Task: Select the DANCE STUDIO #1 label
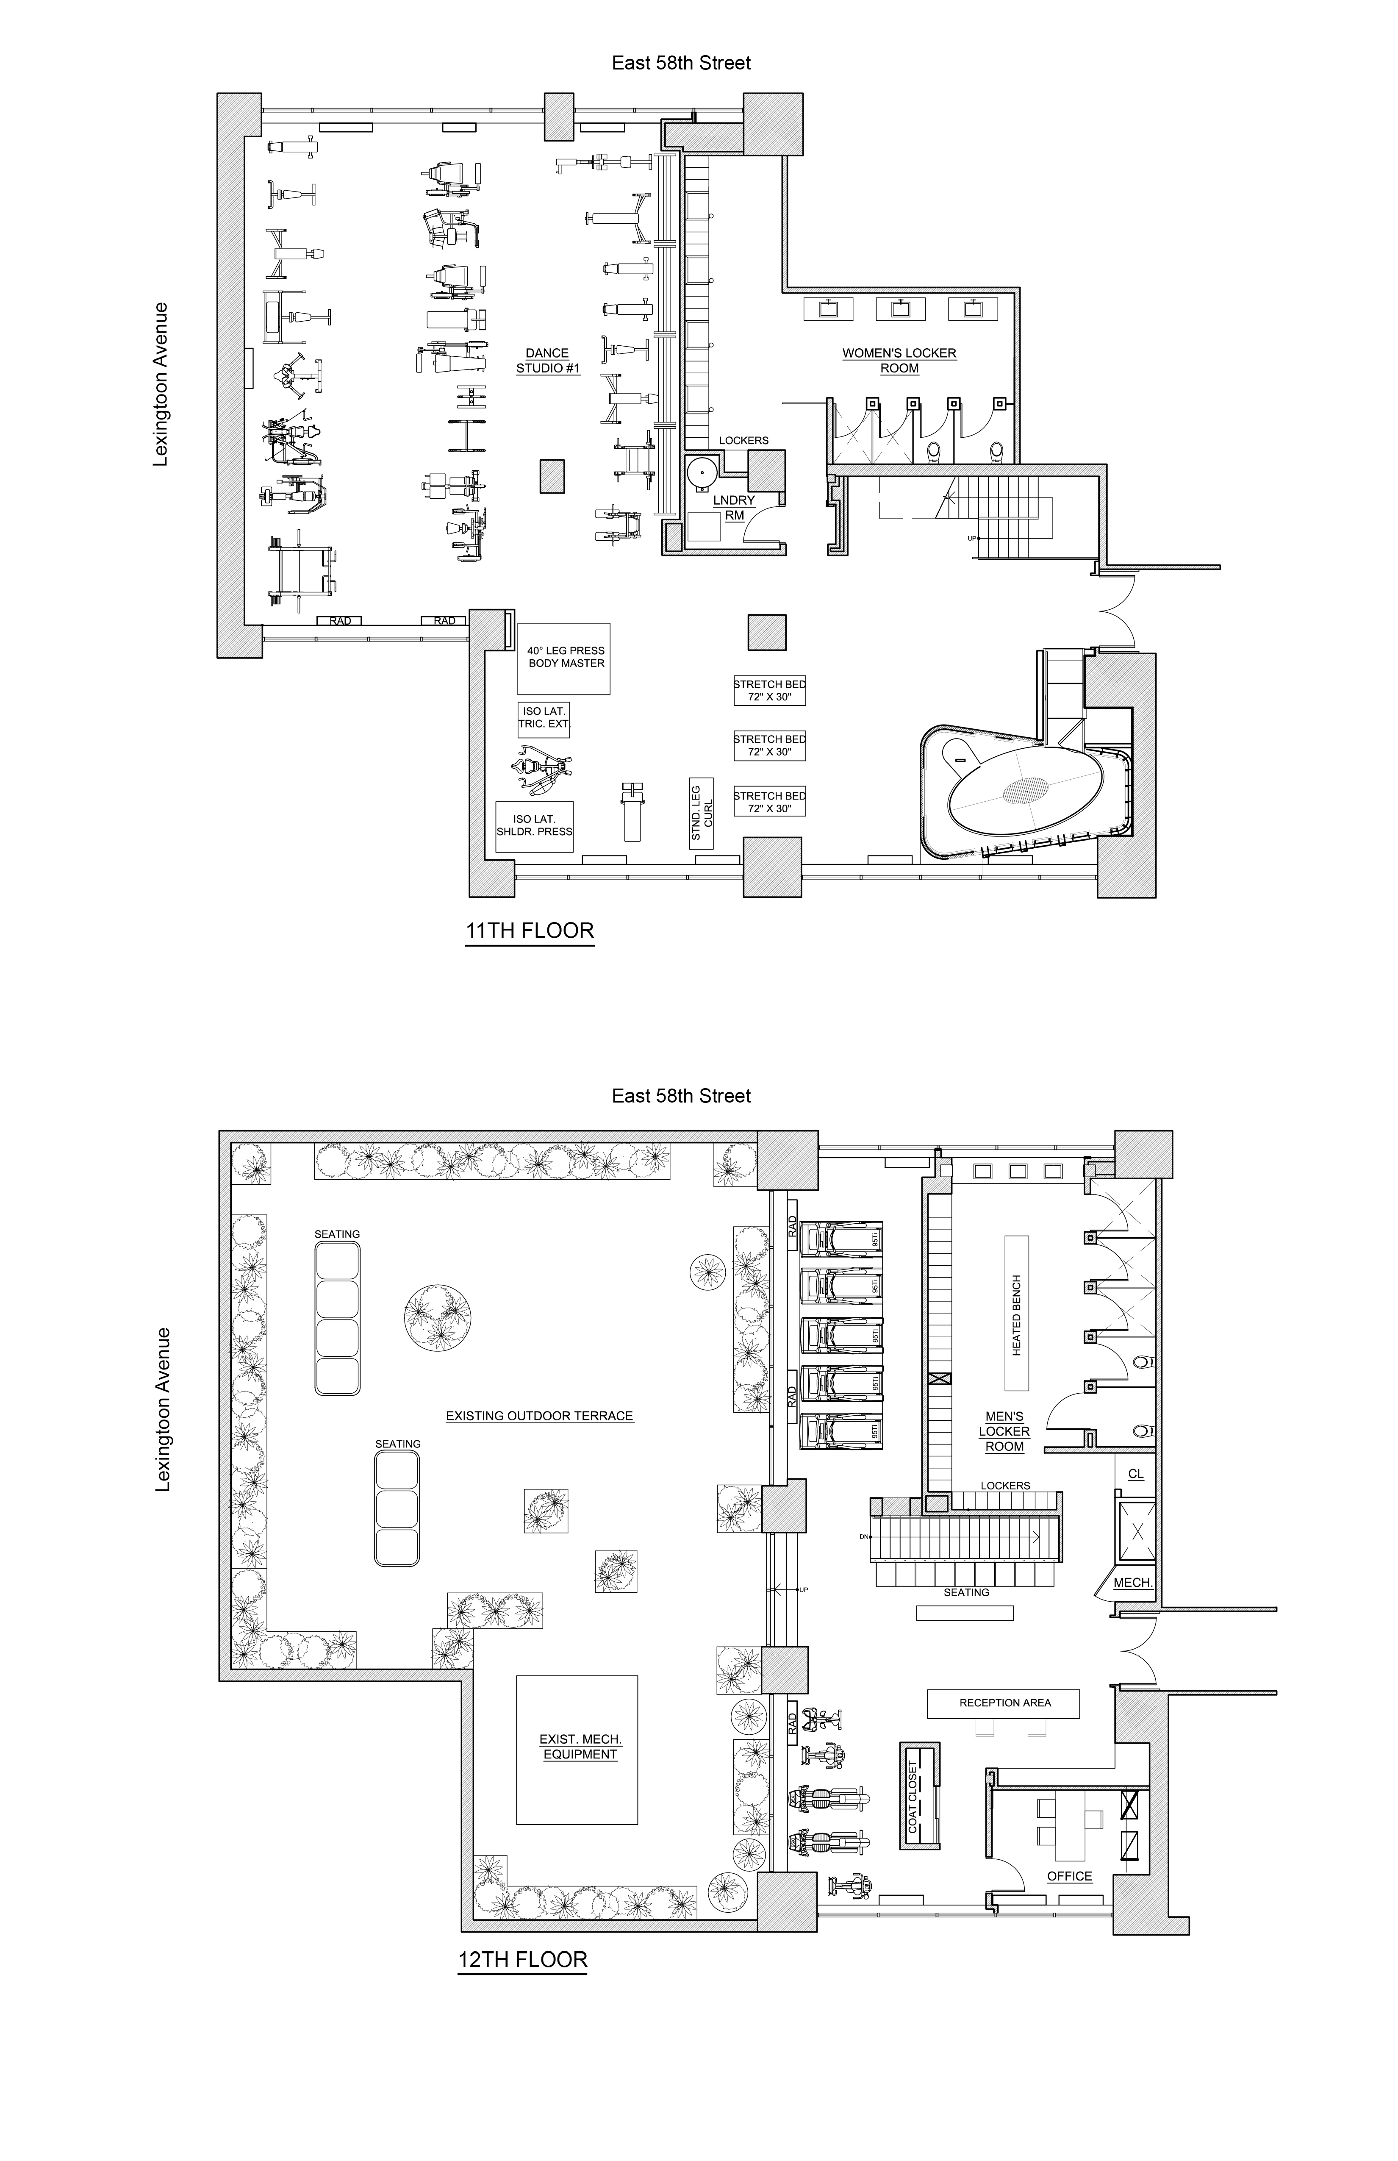(x=547, y=361)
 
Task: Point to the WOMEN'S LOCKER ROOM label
(x=899, y=361)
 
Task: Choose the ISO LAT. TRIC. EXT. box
(x=543, y=717)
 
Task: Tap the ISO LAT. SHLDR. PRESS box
(x=534, y=825)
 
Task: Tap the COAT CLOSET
(x=919, y=1796)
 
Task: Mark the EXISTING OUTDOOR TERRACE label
(x=539, y=1416)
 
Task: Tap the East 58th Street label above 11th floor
(x=681, y=63)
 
